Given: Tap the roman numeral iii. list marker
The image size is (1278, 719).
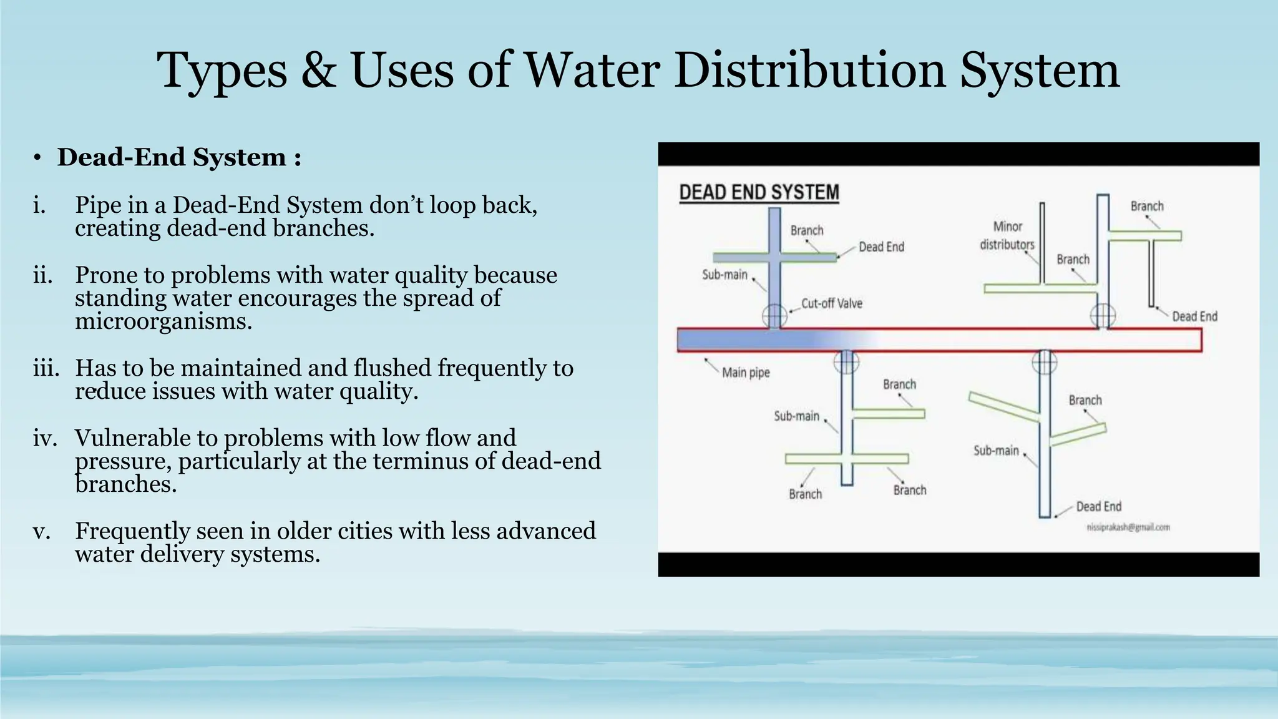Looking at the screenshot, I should [x=46, y=368].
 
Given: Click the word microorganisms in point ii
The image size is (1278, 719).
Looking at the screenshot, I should [x=163, y=321].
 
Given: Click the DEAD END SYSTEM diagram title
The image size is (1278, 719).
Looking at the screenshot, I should [x=759, y=192].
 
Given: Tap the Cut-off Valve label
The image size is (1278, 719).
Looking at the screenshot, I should [x=831, y=304].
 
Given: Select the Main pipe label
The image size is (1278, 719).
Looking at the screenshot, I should [x=746, y=373].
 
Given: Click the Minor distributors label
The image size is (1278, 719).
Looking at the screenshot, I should [x=1007, y=235].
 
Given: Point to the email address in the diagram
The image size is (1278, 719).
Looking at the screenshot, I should [x=1128, y=527].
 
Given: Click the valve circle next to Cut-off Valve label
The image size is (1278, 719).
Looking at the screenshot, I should [x=774, y=315].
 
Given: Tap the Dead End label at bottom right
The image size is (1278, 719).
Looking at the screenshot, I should [x=1098, y=507].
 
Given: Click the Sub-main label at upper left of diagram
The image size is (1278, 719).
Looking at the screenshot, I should [x=724, y=275].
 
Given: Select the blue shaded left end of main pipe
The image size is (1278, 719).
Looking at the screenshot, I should [x=736, y=340].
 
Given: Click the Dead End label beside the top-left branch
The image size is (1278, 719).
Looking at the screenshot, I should [x=881, y=247].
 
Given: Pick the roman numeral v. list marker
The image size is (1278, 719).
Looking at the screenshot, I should [x=41, y=531].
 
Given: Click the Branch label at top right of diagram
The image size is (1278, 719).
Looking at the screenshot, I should [x=1147, y=207].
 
